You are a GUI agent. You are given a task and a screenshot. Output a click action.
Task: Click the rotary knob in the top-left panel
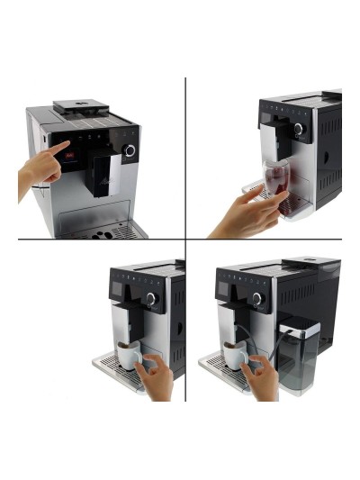[x=130, y=150]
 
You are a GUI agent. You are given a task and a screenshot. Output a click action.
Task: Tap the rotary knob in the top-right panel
[x=298, y=129]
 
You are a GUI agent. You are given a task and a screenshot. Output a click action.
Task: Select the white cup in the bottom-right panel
[x=236, y=358]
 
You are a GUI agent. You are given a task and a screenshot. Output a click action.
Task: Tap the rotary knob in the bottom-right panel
[x=257, y=298]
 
